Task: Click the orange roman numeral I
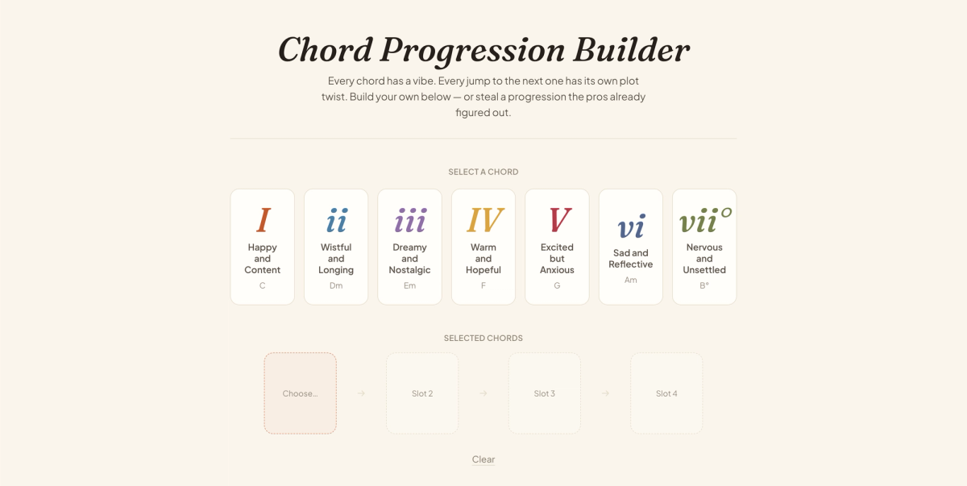point(263,220)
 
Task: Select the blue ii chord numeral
point(336,220)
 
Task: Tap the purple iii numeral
point(410,220)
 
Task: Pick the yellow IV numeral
point(484,220)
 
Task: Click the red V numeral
point(559,220)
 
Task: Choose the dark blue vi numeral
point(631,226)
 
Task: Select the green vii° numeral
point(705,220)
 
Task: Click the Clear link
point(483,459)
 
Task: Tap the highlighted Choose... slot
point(301,393)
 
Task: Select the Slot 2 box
point(422,393)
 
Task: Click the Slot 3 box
point(545,393)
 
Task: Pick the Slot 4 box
point(666,393)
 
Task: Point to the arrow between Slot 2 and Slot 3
point(483,393)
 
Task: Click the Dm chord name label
point(336,285)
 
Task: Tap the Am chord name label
point(631,280)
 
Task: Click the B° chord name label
point(704,285)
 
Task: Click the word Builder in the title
point(631,50)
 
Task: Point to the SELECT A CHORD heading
point(483,172)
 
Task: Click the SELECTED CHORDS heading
point(483,338)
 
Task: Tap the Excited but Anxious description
point(557,259)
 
